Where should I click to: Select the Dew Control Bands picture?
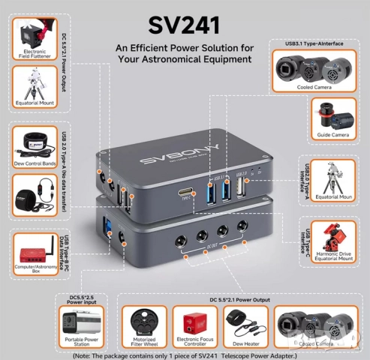pyautogui.click(x=33, y=142)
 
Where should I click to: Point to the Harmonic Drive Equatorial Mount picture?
pyautogui.click(x=332, y=238)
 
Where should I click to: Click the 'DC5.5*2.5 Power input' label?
pyautogui.click(x=80, y=300)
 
